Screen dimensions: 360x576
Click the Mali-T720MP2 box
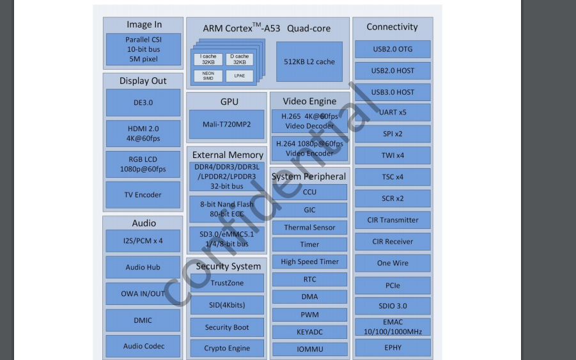226,124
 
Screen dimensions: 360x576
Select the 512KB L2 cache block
309,62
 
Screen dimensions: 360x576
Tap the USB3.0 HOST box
393,92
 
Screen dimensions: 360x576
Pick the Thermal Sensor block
309,228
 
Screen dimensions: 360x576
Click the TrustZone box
227,283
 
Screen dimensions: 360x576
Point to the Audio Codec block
144,347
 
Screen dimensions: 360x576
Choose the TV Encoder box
143,195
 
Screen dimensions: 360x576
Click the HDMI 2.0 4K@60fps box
143,134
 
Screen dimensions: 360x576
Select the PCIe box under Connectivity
393,285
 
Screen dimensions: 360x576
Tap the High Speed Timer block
309,262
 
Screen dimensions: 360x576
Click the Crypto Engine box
227,348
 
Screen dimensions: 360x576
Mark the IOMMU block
309,350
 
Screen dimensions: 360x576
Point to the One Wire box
393,263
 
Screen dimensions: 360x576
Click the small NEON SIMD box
208,76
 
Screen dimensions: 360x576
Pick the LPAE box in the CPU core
239,76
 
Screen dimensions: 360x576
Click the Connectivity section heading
392,27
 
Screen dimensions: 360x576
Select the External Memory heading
228,155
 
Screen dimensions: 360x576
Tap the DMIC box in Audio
144,320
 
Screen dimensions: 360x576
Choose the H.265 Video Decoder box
309,121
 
